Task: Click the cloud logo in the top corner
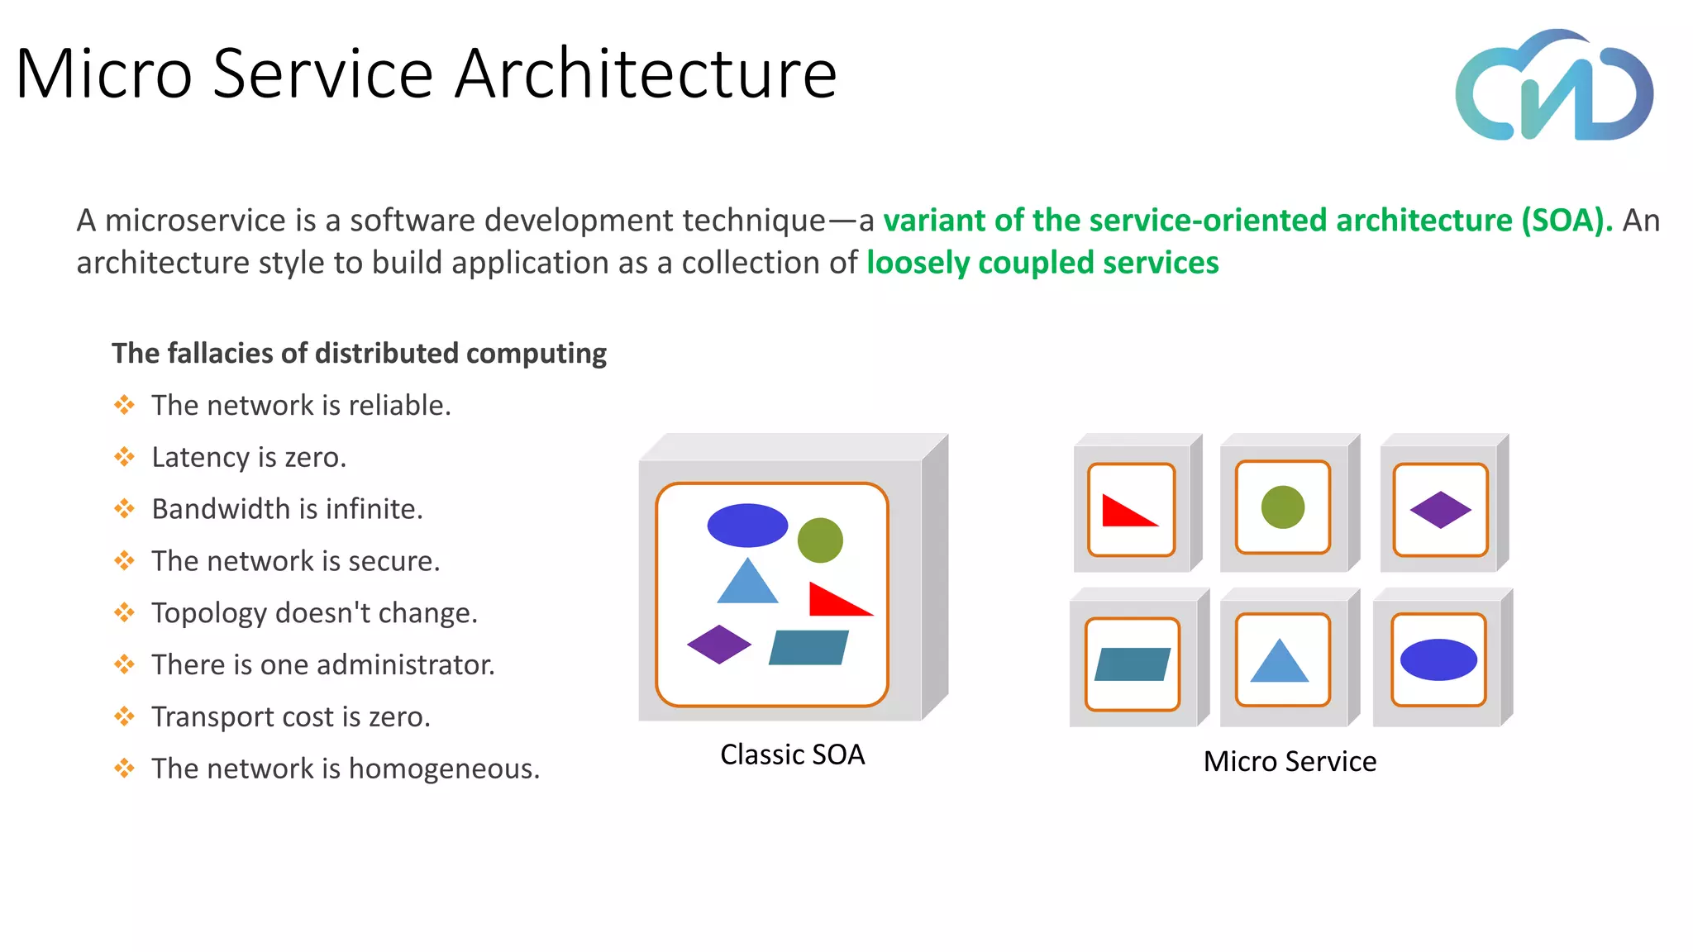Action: click(x=1554, y=87)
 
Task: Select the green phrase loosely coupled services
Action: click(x=1042, y=263)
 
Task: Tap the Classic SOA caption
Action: click(x=792, y=754)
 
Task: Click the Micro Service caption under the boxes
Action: click(x=1290, y=761)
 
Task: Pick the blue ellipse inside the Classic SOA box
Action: click(x=747, y=526)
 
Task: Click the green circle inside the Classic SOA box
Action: click(x=820, y=540)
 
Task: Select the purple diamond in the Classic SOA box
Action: click(x=718, y=645)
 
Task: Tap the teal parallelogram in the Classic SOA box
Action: click(x=808, y=648)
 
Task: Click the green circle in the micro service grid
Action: click(x=1282, y=507)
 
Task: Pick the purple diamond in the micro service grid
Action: click(x=1440, y=510)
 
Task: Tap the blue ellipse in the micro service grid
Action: click(x=1438, y=659)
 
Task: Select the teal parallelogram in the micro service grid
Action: click(x=1132, y=664)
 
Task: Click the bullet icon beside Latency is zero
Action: click(x=124, y=457)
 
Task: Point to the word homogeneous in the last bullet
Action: click(x=443, y=769)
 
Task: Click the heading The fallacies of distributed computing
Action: click(x=359, y=353)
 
